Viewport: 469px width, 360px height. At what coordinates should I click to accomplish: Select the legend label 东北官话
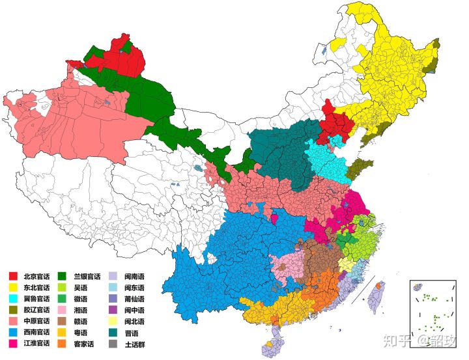click(36, 287)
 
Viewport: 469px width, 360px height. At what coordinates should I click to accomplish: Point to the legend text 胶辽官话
click(36, 309)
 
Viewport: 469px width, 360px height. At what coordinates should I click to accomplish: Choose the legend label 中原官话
click(36, 320)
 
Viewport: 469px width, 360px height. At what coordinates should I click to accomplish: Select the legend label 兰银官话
click(87, 276)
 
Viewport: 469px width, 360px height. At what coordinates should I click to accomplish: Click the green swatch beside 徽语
click(63, 298)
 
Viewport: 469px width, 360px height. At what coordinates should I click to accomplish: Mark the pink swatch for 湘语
click(63, 309)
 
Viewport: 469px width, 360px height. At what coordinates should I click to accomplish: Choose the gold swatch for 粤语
click(63, 331)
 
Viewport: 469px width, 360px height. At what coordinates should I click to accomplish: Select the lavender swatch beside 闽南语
click(112, 276)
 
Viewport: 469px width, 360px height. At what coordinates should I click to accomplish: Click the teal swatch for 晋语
click(112, 331)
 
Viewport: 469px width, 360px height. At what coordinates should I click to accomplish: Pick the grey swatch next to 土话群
click(112, 342)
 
